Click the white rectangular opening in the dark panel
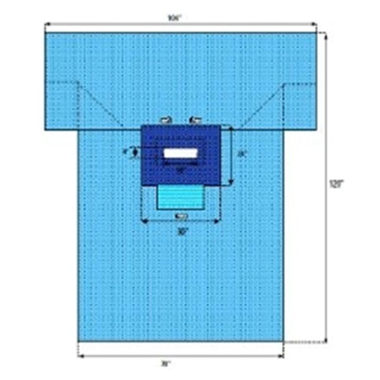click(x=180, y=153)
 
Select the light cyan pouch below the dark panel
click(x=180, y=197)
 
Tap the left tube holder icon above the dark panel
click(x=167, y=120)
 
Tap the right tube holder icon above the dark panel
click(x=195, y=120)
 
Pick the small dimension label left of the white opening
click(x=127, y=151)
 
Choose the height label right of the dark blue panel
click(x=241, y=153)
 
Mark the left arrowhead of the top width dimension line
click(x=47, y=26)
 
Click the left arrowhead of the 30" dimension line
click(x=143, y=221)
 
